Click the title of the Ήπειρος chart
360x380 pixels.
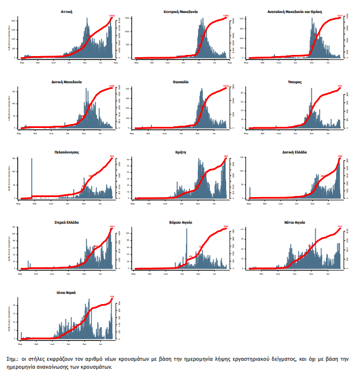click(x=294, y=82)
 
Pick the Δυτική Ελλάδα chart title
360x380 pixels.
click(x=294, y=152)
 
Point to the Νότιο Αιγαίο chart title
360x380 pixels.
click(x=294, y=223)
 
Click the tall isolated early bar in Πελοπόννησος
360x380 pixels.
click(x=32, y=178)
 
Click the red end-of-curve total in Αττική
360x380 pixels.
click(x=112, y=16)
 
